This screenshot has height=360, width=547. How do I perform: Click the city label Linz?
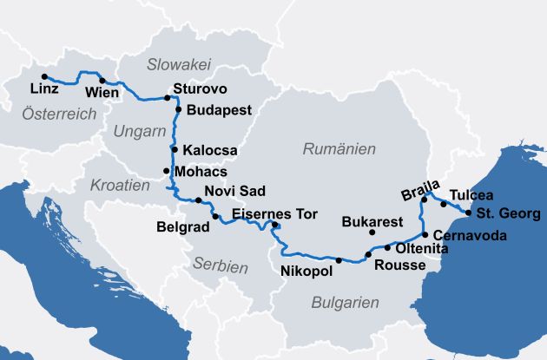pos(43,89)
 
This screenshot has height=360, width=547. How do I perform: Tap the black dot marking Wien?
pos(102,81)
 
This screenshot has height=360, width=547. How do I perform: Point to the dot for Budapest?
pos(178,109)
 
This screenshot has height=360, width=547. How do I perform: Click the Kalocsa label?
pos(210,150)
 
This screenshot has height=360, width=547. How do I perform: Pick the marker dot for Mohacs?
pos(167,172)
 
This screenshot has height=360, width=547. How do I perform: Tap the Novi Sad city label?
pos(233,191)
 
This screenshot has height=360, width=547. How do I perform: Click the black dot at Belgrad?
pos(216,215)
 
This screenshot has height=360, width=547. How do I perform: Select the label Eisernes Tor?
pos(275,213)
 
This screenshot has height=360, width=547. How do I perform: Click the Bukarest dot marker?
pos(372,232)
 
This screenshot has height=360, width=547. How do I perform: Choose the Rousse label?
pos(399,265)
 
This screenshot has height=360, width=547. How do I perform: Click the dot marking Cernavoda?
pos(424,235)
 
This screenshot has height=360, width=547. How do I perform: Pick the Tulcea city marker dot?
pos(444,205)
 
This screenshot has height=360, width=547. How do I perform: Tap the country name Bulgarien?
pos(345,303)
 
